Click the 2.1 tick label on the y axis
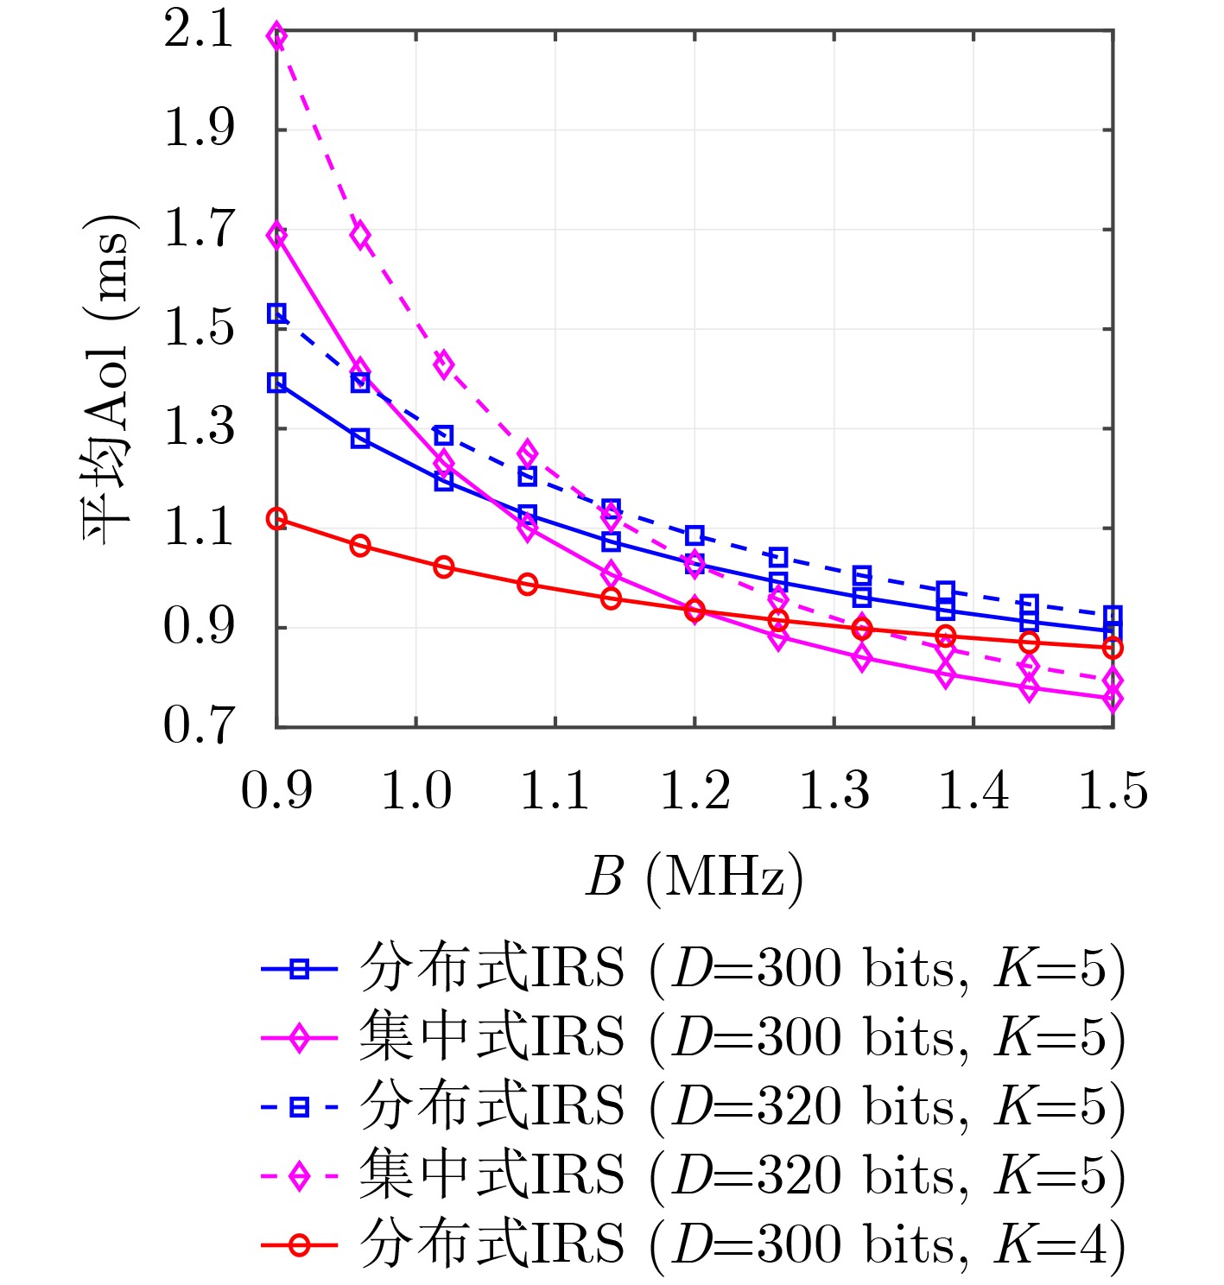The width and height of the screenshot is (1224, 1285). tap(199, 31)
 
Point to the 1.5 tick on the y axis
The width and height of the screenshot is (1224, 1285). tap(199, 329)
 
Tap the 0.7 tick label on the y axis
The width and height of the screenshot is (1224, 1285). tap(199, 725)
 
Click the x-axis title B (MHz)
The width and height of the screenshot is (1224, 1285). tap(694, 877)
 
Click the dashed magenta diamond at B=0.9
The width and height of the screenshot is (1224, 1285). tap(276, 36)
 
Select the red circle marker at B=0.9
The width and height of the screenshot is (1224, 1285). tap(276, 519)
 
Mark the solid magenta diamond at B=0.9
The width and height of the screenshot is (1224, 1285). tap(276, 236)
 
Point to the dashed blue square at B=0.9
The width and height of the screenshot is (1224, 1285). tap(276, 313)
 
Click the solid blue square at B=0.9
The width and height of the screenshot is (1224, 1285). tap(276, 383)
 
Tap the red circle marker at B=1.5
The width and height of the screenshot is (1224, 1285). tap(1113, 648)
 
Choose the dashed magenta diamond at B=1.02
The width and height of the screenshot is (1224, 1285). tap(443, 364)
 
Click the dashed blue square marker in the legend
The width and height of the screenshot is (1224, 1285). tap(299, 1107)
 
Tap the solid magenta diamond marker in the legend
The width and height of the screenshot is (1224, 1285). tap(299, 1038)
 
